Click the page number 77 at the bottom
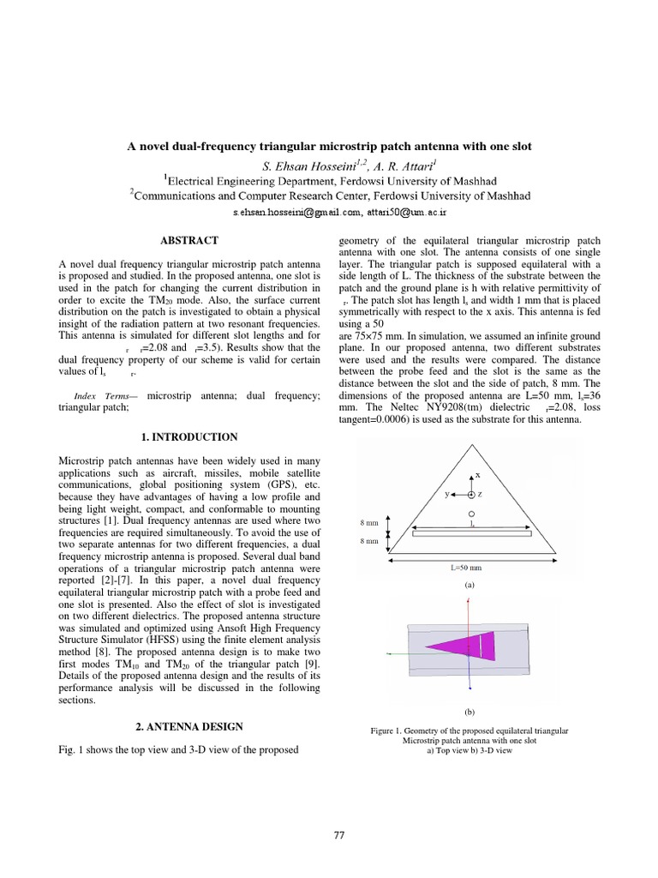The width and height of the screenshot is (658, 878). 338,837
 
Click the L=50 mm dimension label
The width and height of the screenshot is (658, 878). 469,567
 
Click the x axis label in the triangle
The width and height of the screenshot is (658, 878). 477,474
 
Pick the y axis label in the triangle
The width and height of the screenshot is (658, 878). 446,495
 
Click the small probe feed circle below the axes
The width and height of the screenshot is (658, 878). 471,514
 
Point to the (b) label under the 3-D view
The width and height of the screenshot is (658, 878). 469,713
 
